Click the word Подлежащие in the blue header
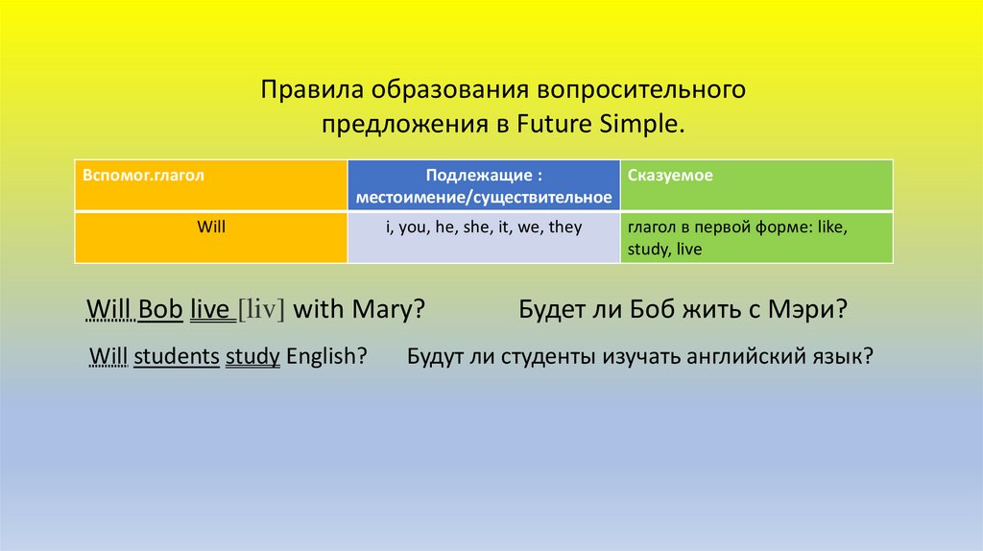[480, 175]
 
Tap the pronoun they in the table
[564, 227]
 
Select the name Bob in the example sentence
[160, 309]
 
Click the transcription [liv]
[261, 309]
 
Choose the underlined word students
[177, 356]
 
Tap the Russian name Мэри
[808, 310]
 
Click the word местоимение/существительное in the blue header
[484, 198]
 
